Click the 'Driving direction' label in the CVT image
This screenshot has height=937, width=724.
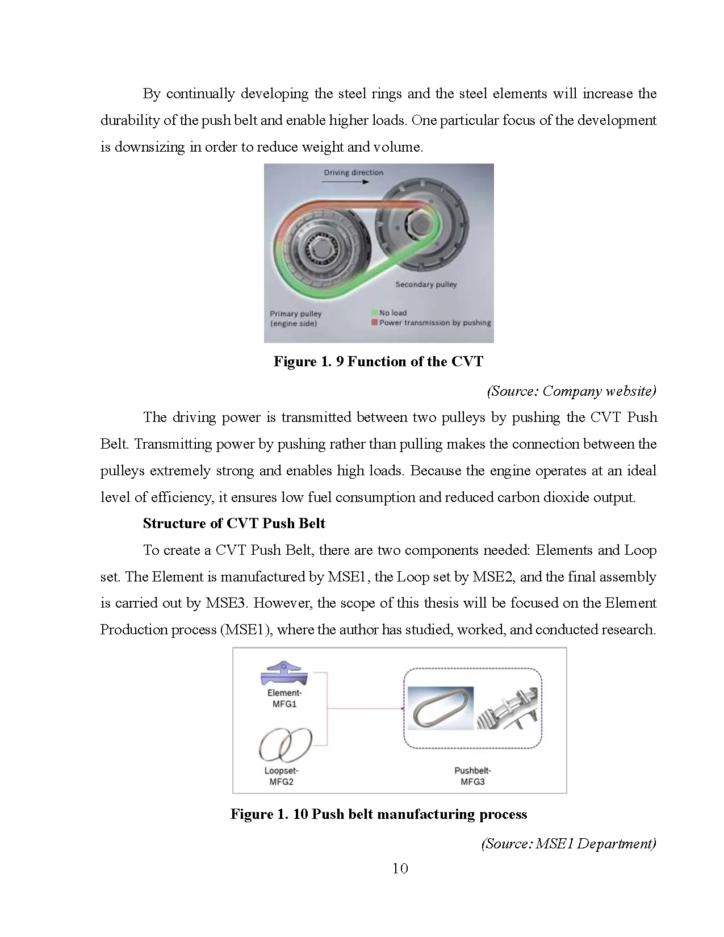click(353, 173)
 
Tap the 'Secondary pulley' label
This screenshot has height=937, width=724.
click(426, 285)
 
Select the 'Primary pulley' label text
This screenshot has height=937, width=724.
click(295, 313)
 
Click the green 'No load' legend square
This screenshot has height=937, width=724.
click(374, 313)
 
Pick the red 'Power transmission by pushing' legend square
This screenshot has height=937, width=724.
click(374, 323)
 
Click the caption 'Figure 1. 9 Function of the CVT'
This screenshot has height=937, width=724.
click(378, 362)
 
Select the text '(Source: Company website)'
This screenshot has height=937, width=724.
click(571, 391)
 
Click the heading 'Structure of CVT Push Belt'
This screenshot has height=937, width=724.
click(234, 523)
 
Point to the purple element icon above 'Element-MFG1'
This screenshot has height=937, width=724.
click(284, 674)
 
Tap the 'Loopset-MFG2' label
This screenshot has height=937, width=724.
click(281, 776)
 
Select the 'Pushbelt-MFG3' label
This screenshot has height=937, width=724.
click(472, 776)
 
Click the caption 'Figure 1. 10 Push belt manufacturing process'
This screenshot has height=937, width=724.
click(378, 814)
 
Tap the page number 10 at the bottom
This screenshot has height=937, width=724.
click(400, 868)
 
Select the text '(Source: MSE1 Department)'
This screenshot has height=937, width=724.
click(568, 843)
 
